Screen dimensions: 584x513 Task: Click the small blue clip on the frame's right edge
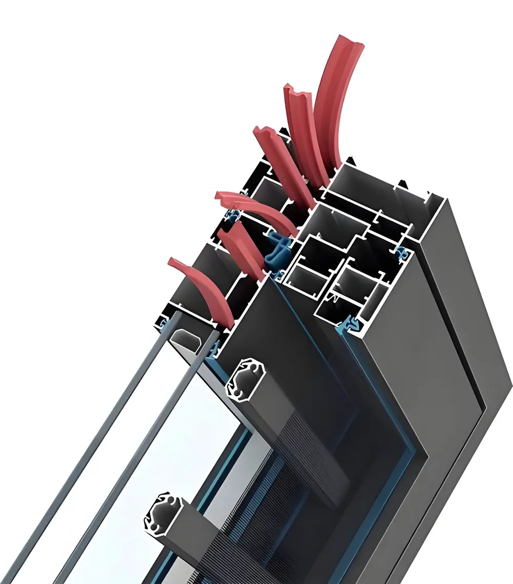pos(404,252)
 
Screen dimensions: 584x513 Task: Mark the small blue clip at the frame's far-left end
pos(165,324)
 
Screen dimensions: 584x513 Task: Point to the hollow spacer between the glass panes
pos(190,339)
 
